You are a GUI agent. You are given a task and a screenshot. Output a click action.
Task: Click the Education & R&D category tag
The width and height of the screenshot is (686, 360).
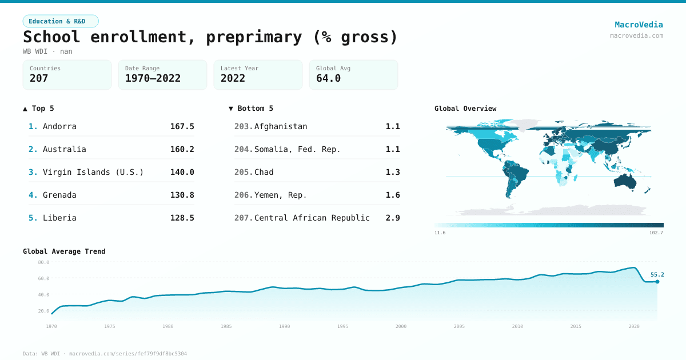click(x=61, y=21)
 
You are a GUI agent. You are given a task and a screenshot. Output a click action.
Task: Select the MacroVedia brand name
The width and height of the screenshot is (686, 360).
click(x=639, y=25)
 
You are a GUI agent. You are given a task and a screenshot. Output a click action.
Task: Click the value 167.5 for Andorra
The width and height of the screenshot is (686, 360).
click(x=182, y=126)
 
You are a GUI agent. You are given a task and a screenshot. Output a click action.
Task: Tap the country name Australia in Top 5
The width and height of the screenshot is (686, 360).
click(x=65, y=149)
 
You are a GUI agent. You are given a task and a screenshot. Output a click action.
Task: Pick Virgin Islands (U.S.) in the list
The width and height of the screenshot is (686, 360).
click(x=93, y=172)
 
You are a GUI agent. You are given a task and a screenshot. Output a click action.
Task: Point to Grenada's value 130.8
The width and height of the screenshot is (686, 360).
click(x=182, y=195)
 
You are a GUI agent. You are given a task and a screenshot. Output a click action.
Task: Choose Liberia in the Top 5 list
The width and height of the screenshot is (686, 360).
click(x=59, y=218)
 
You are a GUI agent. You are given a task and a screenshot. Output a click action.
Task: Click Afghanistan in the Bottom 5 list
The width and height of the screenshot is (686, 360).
click(x=281, y=126)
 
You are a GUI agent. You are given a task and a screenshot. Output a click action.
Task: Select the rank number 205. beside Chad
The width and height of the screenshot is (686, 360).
click(x=244, y=172)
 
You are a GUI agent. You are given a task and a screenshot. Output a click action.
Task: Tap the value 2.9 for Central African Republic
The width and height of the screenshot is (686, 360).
click(x=393, y=218)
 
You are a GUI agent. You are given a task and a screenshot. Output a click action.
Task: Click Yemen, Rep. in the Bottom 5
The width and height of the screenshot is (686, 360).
click(x=281, y=195)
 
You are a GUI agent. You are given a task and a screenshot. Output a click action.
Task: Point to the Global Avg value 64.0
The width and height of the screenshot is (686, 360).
click(x=328, y=78)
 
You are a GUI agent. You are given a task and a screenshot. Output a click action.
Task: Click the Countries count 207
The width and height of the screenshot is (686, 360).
click(x=39, y=78)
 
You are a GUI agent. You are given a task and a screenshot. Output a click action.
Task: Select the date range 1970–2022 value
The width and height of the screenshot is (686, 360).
click(x=153, y=78)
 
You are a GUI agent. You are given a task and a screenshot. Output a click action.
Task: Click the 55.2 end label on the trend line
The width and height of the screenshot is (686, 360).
click(x=657, y=274)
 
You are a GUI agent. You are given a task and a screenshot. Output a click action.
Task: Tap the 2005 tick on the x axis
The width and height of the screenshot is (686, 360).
click(x=459, y=326)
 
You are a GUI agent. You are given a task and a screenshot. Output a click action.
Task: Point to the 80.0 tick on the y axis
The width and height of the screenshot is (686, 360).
click(x=43, y=262)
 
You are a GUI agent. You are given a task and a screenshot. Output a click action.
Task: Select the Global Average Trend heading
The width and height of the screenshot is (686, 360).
click(x=64, y=251)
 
